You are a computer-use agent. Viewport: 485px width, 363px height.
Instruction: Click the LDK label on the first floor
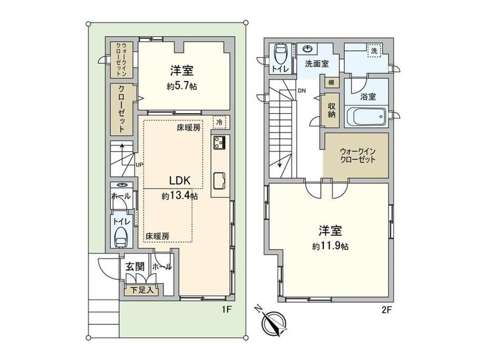coord(179,180)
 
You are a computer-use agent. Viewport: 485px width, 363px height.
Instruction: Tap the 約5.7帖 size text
coord(182,86)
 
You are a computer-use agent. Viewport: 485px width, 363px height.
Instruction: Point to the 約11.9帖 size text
coord(331,246)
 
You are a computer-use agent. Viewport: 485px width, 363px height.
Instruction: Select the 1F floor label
coord(226,309)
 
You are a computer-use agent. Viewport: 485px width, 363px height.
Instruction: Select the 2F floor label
coord(386,309)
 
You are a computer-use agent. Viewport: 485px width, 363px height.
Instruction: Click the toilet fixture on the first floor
coord(121,237)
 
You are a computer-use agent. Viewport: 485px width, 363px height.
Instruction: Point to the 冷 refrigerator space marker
coord(219,122)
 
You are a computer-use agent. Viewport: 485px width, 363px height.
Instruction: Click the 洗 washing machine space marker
coord(374,51)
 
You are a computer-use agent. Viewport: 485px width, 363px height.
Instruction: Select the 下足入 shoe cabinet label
coord(142,290)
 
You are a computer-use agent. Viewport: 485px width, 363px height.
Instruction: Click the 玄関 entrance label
coord(135,267)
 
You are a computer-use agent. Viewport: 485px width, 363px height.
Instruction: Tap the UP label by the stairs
coord(139,165)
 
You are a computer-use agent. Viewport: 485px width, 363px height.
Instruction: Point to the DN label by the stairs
coord(302,90)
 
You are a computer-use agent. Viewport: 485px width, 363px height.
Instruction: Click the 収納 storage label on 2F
coord(332,110)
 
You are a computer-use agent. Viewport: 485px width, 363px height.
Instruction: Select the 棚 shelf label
coord(331,83)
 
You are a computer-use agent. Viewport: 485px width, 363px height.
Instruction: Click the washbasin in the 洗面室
coord(308,49)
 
